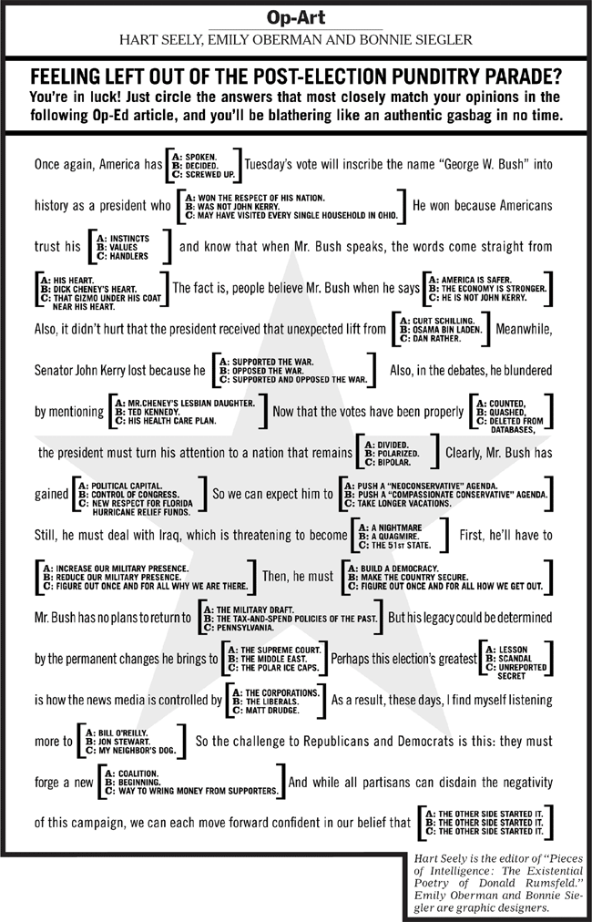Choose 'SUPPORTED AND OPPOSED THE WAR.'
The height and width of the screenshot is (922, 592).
click(x=294, y=379)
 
